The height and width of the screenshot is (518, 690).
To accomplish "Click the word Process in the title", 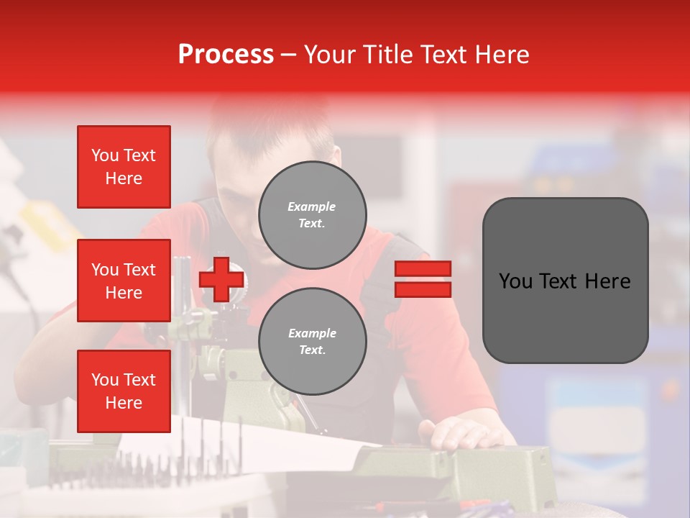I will pyautogui.click(x=226, y=55).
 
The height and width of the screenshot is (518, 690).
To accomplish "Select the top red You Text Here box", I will pyautogui.click(x=124, y=167).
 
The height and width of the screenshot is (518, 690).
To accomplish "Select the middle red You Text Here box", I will pyautogui.click(x=124, y=281).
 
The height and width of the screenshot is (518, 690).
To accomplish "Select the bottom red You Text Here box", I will pyautogui.click(x=124, y=391).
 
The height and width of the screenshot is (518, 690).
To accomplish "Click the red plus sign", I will pyautogui.click(x=221, y=280).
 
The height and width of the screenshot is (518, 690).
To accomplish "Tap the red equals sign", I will pyautogui.click(x=423, y=279).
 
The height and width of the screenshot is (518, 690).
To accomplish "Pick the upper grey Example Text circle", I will pyautogui.click(x=312, y=215).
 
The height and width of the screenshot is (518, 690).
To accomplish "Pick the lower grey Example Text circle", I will pyautogui.click(x=312, y=342).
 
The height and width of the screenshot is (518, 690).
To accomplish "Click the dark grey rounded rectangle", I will pyautogui.click(x=565, y=281).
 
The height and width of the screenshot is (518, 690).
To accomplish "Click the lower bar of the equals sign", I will pyautogui.click(x=423, y=289).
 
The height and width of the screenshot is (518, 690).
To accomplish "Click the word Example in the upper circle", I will pyautogui.click(x=312, y=207).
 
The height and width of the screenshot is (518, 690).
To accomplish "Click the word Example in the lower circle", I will pyautogui.click(x=312, y=334).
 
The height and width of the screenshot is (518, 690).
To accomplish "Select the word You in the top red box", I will pyautogui.click(x=105, y=155).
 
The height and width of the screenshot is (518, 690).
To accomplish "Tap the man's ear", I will pyautogui.click(x=335, y=159).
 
